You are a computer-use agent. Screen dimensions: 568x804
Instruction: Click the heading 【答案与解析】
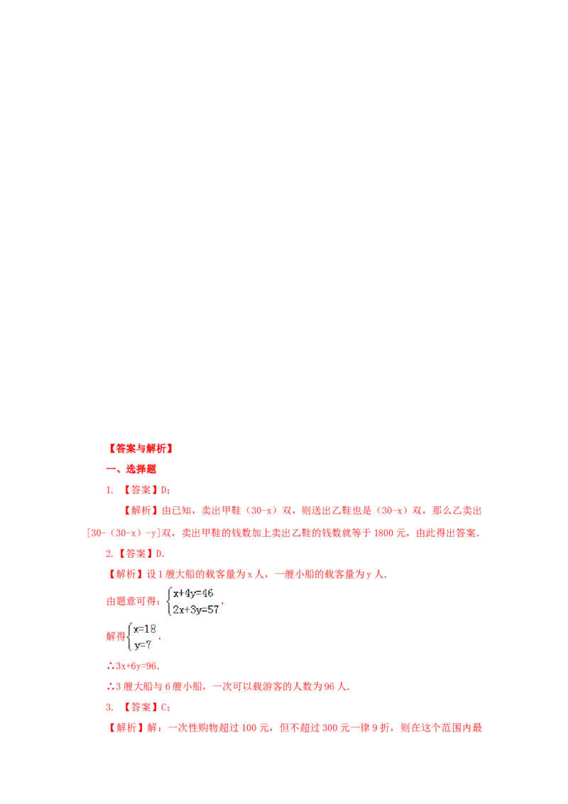click(141, 449)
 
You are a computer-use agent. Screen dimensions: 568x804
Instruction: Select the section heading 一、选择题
click(131, 469)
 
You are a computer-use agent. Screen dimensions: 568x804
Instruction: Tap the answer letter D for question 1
click(164, 490)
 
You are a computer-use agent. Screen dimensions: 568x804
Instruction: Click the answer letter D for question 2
click(159, 554)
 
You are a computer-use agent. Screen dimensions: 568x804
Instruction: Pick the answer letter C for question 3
click(164, 707)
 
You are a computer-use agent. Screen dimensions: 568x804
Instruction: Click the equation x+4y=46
click(193, 593)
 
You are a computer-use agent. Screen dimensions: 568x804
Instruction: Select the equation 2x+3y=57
click(196, 609)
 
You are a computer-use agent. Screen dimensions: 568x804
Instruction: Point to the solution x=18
click(145, 629)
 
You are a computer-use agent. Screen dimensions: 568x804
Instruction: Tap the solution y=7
click(143, 645)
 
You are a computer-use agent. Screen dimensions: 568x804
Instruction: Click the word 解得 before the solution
click(116, 637)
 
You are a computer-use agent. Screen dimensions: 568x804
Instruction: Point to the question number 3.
click(109, 707)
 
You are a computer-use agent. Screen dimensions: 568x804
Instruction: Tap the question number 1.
click(109, 490)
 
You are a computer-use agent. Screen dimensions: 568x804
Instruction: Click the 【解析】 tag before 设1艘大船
click(126, 575)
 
